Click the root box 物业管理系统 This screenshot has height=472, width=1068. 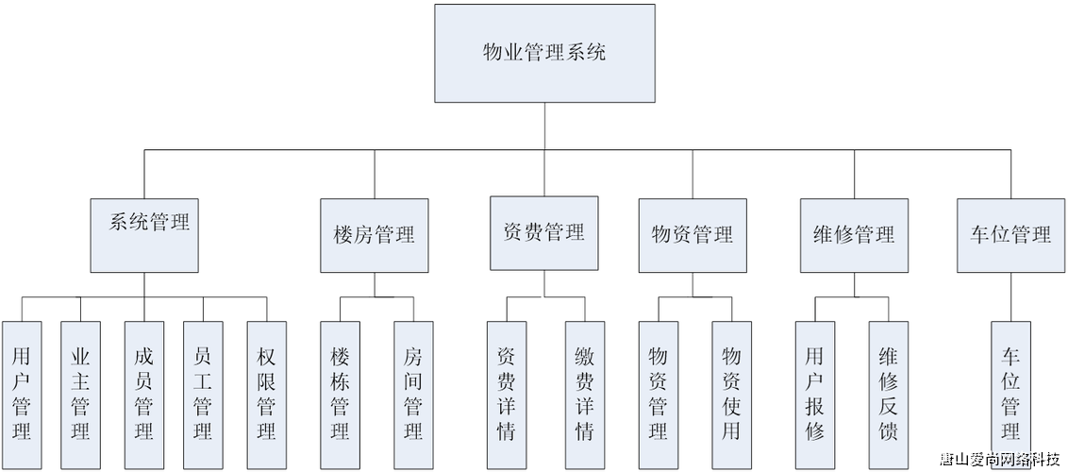pyautogui.click(x=544, y=53)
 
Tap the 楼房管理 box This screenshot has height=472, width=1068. pyautogui.click(x=375, y=234)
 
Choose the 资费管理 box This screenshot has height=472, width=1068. pyautogui.click(x=543, y=233)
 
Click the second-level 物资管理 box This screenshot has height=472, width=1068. pyautogui.click(x=693, y=234)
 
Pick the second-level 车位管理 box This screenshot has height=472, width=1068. pyautogui.click(x=1010, y=234)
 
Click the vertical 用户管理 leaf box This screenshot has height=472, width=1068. pyautogui.click(x=22, y=394)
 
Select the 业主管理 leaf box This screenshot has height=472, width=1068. pyautogui.click(x=80, y=394)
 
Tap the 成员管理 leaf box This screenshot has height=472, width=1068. pyautogui.click(x=144, y=394)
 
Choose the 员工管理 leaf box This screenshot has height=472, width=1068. pyautogui.click(x=202, y=394)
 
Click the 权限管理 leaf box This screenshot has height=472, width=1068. pyautogui.click(x=266, y=394)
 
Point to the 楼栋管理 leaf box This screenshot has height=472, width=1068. pyautogui.click(x=341, y=394)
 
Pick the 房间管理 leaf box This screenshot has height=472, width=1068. pyautogui.click(x=412, y=394)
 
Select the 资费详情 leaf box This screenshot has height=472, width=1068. pyautogui.click(x=507, y=394)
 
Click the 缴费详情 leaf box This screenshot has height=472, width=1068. pyautogui.click(x=584, y=394)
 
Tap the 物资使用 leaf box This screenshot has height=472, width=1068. pyautogui.click(x=731, y=394)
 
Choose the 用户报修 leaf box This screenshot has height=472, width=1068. pyautogui.click(x=815, y=394)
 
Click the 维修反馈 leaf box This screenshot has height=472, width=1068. pyautogui.click(x=888, y=394)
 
